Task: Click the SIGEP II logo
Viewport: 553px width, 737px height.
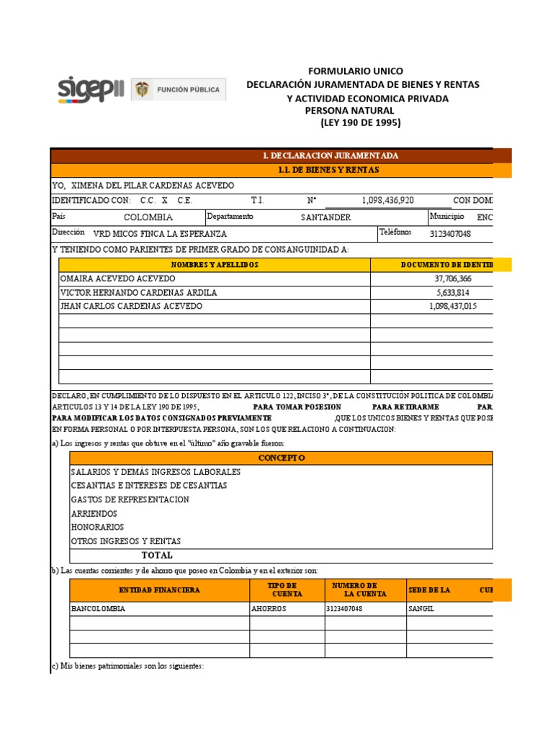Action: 91,89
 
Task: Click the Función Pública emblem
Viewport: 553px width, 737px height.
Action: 178,90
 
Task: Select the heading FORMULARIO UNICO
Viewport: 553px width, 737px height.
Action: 355,71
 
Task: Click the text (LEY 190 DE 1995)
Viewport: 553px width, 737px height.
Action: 360,123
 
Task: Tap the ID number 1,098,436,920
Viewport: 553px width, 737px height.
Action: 387,201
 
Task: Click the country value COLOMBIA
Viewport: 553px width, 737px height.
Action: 148,217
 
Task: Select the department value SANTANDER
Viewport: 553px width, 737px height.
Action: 325,217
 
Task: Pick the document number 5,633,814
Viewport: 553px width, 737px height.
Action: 454,293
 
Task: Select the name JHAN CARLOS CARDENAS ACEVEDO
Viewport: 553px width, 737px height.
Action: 132,307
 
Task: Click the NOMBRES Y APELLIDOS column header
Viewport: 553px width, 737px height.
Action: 214,265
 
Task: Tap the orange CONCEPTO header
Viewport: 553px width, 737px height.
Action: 282,458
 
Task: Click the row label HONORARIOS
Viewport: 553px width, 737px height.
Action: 97,528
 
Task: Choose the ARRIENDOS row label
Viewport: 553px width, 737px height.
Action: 94,514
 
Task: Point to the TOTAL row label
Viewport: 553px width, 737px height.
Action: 157,556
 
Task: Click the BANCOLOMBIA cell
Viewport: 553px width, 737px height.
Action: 98,609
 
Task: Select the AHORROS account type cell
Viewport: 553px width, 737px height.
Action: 269,609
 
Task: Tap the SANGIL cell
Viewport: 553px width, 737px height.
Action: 421,609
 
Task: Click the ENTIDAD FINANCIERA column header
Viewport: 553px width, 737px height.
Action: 159,590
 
